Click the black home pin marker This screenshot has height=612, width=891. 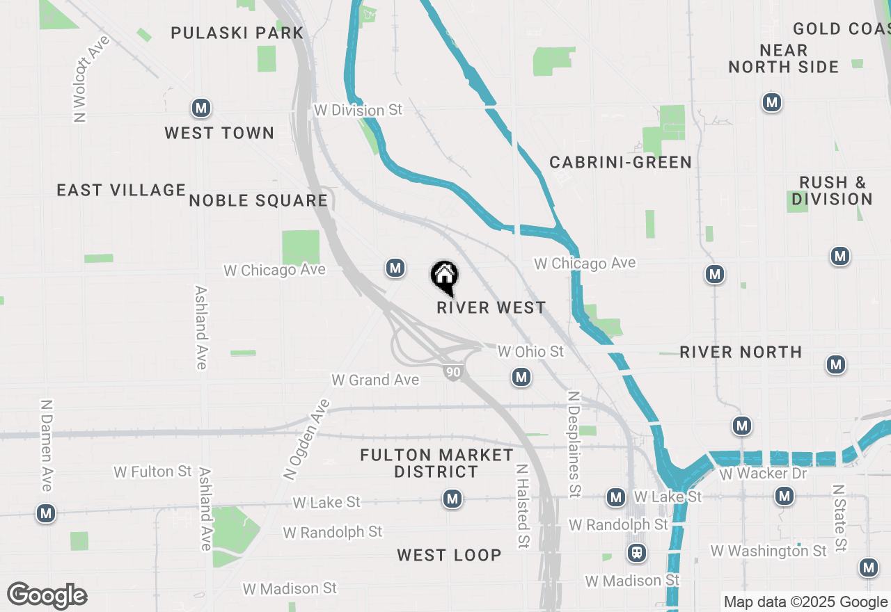pyautogui.click(x=444, y=277)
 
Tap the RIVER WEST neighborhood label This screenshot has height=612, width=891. pyautogui.click(x=491, y=307)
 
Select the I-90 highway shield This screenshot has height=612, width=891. pyautogui.click(x=453, y=372)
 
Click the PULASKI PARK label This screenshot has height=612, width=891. pyautogui.click(x=237, y=33)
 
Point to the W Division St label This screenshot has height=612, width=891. pyautogui.click(x=358, y=110)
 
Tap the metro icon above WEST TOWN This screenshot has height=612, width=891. pyautogui.click(x=201, y=108)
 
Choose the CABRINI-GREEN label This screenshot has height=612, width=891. pyautogui.click(x=620, y=162)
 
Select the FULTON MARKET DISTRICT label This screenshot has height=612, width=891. pyautogui.click(x=436, y=463)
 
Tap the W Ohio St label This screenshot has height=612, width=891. pyautogui.click(x=530, y=351)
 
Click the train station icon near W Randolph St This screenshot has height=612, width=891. pyautogui.click(x=636, y=553)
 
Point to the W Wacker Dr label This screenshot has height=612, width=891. pyautogui.click(x=763, y=474)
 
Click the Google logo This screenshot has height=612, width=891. pyautogui.click(x=47, y=595)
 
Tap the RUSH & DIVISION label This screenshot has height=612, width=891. pyautogui.click(x=832, y=191)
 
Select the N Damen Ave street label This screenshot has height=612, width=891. pyautogui.click(x=46, y=445)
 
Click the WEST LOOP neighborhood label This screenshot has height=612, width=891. pyautogui.click(x=449, y=555)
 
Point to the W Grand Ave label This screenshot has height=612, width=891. pyautogui.click(x=375, y=380)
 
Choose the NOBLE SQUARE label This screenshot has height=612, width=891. pyautogui.click(x=258, y=201)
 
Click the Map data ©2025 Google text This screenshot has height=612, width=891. pyautogui.click(x=805, y=602)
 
